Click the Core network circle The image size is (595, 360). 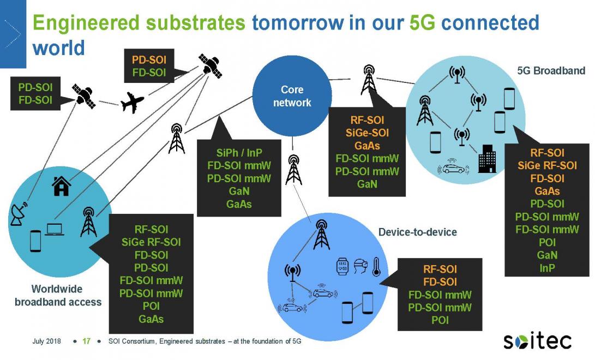pos(292,96)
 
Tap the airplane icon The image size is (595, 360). pos(133,102)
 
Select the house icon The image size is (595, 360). pos(61,186)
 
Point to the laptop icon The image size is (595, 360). pos(54,230)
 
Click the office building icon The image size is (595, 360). pos(487,159)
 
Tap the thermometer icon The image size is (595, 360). pos(376,266)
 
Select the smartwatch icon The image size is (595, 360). pos(342,266)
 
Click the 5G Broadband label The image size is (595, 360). pos(551,70)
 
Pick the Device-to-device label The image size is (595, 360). pos(417,232)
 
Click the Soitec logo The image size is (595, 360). pos(537,341)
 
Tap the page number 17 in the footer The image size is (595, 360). pos(87,341)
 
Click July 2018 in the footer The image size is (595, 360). pos(46,341)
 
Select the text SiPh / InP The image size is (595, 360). pos(239,153)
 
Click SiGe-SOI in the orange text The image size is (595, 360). pos(367,133)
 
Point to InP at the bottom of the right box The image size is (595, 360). pos(547,268)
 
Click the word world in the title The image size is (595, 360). pos(58,48)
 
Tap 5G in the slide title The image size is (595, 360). pos(422,23)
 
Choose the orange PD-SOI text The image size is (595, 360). pos(149,59)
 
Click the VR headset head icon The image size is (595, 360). pos(360,266)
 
